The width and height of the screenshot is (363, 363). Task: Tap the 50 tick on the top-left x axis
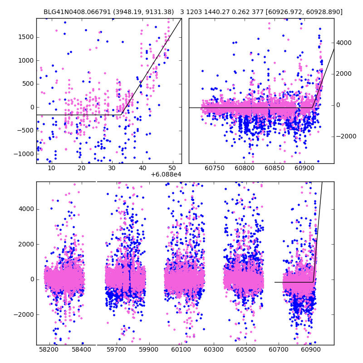pyautogui.click(x=172, y=168)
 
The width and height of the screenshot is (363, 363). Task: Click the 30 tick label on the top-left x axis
pyautogui.click(x=112, y=168)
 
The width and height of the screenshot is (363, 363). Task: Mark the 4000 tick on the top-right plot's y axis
pyautogui.click(x=344, y=43)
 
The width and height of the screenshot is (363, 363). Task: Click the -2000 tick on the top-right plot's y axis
pyautogui.click(x=345, y=137)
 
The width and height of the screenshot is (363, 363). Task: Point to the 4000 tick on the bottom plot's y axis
pyautogui.click(x=26, y=209)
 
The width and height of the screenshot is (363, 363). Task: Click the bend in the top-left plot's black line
pyautogui.click(x=122, y=113)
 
